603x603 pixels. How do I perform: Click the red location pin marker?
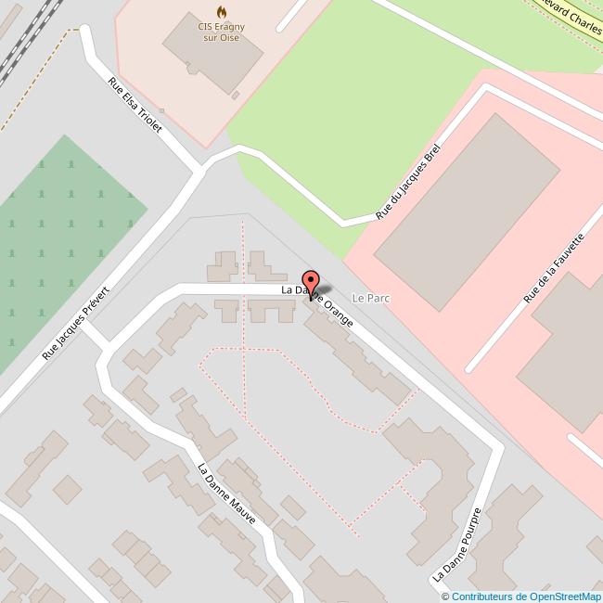(311, 283)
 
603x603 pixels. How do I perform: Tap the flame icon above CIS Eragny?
(221, 12)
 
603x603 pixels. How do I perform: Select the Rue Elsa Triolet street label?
(135, 105)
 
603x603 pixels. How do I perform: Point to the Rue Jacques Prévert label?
(76, 324)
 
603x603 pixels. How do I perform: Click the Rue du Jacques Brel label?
(407, 182)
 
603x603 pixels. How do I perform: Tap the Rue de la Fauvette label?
(554, 267)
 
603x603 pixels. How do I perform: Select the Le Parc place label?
(370, 299)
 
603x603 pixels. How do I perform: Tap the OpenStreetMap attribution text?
(520, 596)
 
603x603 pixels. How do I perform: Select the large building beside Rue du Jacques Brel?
(467, 208)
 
